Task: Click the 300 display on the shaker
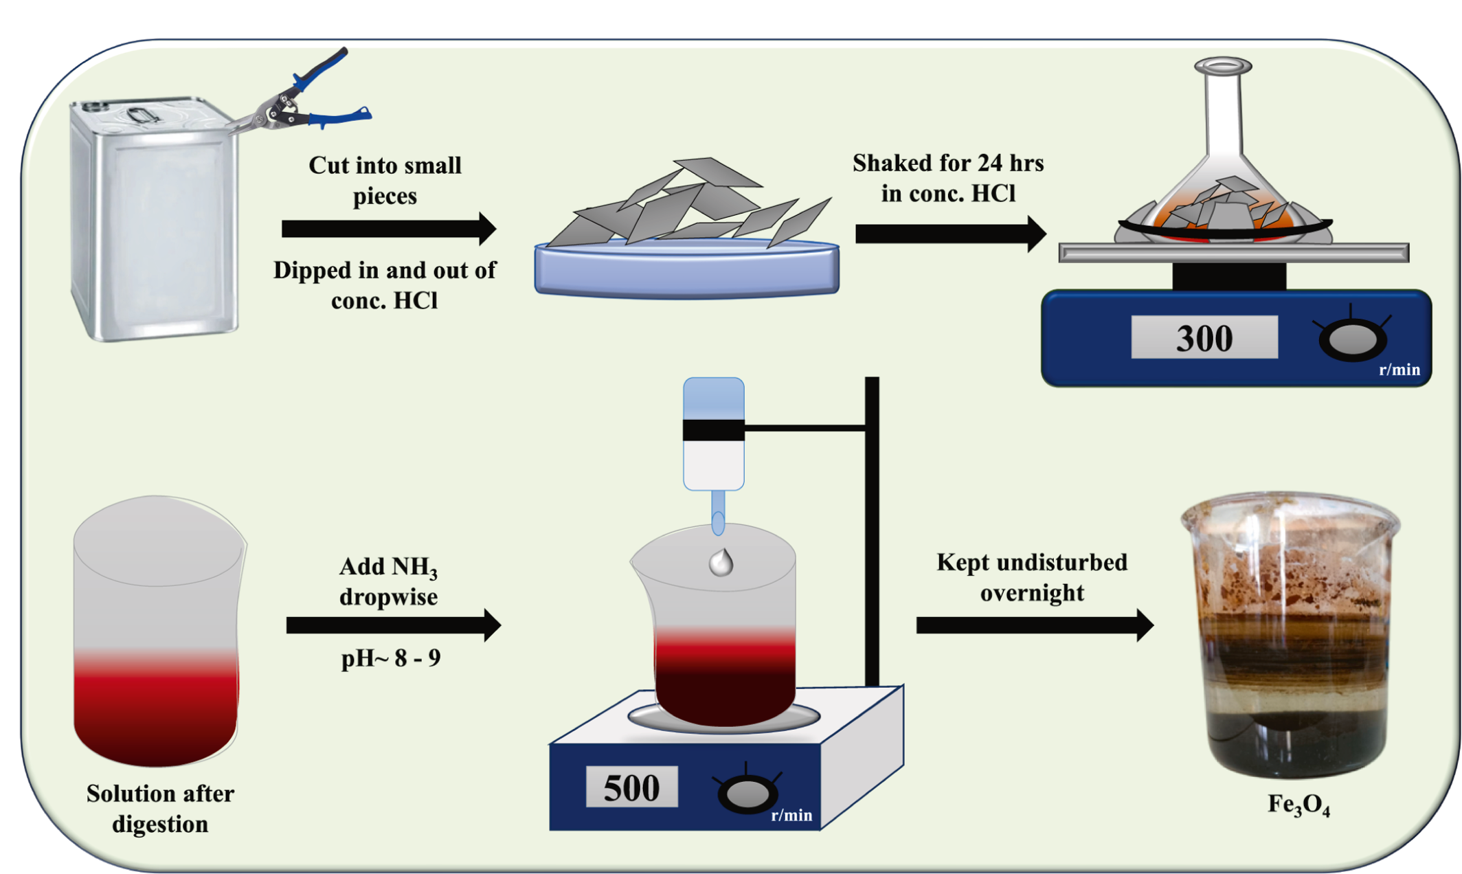click(x=1204, y=337)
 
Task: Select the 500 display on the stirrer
click(x=631, y=787)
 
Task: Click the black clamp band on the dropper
click(x=713, y=430)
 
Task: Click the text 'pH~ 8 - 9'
click(x=391, y=658)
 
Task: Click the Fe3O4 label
click(x=1298, y=805)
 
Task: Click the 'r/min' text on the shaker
click(x=1399, y=370)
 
